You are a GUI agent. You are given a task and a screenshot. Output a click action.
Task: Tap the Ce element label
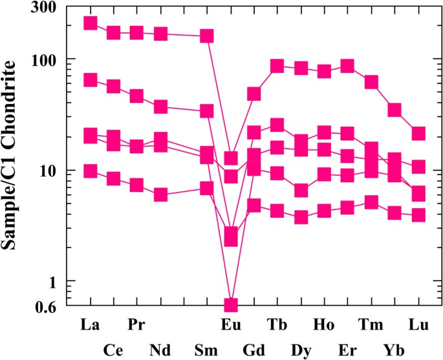[113, 350]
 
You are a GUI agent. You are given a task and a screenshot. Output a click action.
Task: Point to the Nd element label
[160, 350]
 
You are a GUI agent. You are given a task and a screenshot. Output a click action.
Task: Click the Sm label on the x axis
[206, 350]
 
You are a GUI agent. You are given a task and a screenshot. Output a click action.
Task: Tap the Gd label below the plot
[254, 350]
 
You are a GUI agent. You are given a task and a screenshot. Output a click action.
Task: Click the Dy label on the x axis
[301, 350]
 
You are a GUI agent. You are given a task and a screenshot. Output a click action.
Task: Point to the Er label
[347, 350]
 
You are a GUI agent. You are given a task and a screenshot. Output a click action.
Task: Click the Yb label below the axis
[394, 350]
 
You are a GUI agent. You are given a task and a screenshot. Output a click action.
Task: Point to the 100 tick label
[42, 59]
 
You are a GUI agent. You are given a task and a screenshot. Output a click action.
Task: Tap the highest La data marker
[90, 23]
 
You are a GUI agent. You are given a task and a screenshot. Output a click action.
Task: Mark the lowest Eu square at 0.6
[230, 304]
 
